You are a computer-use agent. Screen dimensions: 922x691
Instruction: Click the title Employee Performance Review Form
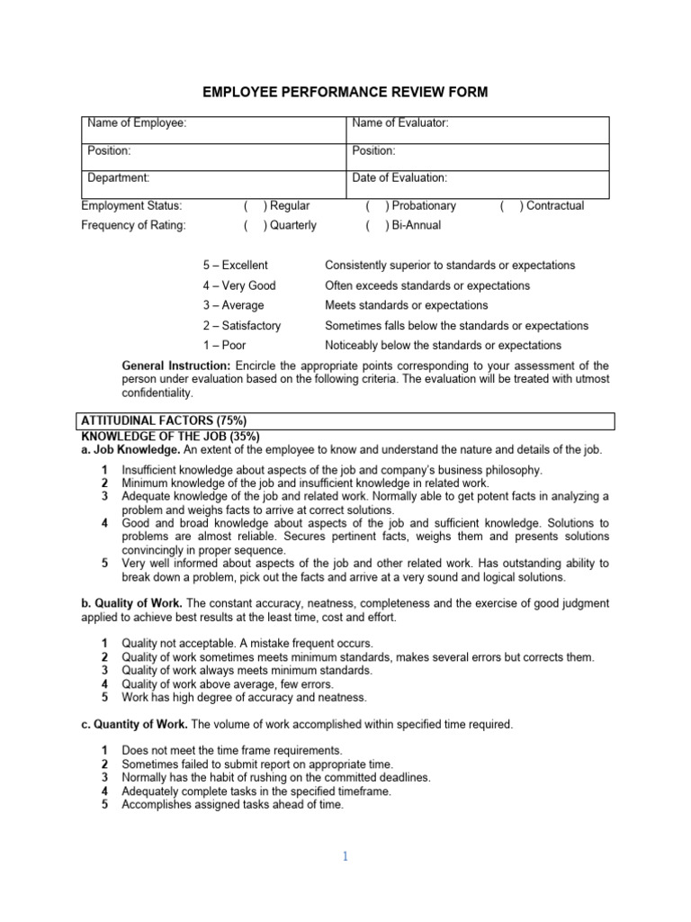(x=345, y=92)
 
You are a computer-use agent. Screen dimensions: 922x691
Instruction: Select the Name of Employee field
(x=214, y=123)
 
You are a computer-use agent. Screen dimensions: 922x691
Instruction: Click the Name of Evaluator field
(x=478, y=123)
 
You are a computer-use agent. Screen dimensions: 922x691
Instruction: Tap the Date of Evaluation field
(x=478, y=178)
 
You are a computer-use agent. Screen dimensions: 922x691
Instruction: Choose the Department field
(x=214, y=178)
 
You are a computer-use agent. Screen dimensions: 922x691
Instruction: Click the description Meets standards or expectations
(x=407, y=305)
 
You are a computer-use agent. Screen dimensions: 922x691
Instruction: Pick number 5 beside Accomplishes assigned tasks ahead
(x=105, y=805)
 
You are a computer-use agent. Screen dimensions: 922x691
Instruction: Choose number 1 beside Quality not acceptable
(x=105, y=643)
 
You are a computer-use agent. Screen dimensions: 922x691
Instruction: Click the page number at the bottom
(x=345, y=857)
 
